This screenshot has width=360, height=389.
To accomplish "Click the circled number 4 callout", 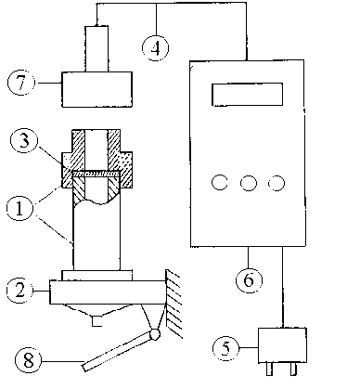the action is [x=156, y=48].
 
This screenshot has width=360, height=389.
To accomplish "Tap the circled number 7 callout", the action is [x=20, y=83].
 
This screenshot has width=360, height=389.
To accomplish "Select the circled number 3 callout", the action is [x=24, y=141].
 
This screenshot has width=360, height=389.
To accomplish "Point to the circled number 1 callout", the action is [x=19, y=208].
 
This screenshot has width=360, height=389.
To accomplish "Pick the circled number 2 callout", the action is [x=19, y=291].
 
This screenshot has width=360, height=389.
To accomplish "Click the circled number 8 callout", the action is [x=28, y=360].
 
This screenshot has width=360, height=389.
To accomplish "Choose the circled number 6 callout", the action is [x=249, y=279].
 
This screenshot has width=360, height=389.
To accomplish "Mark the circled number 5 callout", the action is [x=225, y=348].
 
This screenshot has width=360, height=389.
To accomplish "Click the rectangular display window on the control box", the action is [x=247, y=95].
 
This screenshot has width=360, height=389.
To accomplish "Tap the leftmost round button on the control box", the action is [x=220, y=182].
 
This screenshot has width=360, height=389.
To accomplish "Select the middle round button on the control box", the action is [x=249, y=183].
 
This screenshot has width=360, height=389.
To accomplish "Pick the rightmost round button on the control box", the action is [x=276, y=183].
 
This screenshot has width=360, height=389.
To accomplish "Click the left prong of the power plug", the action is [x=269, y=369].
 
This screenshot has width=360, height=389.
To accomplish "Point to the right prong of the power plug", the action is [x=293, y=369].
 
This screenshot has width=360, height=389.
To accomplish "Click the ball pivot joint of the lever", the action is [x=155, y=334].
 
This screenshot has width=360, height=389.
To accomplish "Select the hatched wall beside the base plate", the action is [x=174, y=304].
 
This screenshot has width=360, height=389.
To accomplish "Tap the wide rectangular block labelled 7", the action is [x=97, y=89].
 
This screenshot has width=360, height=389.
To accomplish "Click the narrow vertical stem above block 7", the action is [x=96, y=48].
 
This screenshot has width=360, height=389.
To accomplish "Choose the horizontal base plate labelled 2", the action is [x=108, y=292].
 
